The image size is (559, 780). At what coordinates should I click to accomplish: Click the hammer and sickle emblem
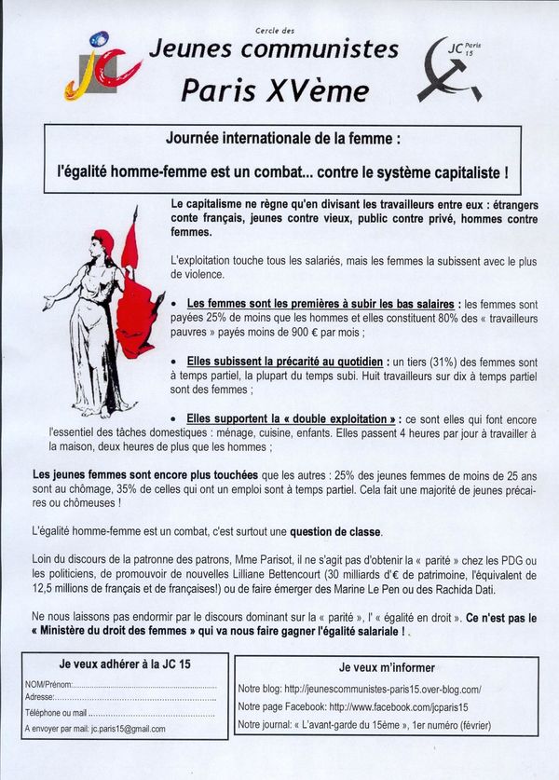tap(448, 74)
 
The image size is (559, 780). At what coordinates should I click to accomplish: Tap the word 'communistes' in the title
tap(333, 49)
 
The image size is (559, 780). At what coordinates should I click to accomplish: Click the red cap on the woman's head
tap(103, 243)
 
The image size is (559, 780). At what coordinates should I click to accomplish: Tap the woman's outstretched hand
tap(48, 304)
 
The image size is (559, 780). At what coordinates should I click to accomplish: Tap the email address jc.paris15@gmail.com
tap(123, 729)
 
